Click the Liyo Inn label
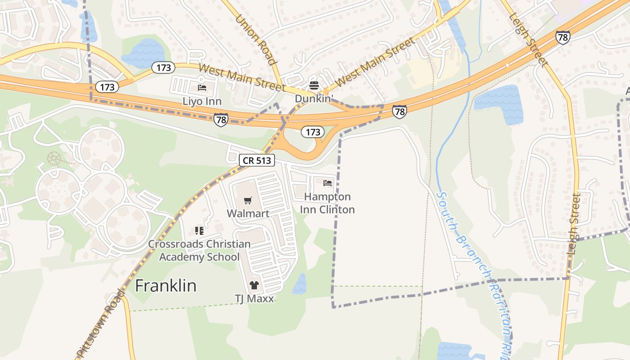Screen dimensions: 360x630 point(202,101)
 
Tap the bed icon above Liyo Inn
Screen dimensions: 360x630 point(202,87)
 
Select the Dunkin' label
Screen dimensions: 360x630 point(314,99)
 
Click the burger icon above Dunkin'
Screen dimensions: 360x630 point(314,85)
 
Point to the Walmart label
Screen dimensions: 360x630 point(248,213)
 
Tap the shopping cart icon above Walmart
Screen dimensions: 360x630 point(248,200)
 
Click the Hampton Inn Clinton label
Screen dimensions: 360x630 point(328,203)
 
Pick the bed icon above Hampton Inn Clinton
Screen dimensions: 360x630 point(328,183)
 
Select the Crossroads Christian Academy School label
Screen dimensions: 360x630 point(200,251)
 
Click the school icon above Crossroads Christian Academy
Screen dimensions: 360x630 point(199,231)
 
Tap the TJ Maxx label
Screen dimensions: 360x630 point(254,298)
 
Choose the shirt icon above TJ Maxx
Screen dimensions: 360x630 point(254,285)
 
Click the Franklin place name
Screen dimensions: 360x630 point(166,286)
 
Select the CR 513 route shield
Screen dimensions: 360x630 point(256,161)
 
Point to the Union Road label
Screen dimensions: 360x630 point(255,39)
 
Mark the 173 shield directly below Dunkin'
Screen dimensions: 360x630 point(313,132)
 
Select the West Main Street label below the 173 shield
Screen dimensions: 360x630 point(242,77)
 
